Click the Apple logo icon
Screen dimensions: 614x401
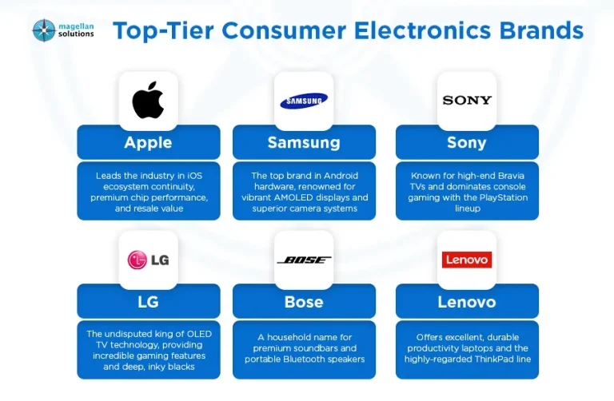point(148,100)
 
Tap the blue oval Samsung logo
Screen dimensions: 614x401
point(304,101)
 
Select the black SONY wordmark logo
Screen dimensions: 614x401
point(467,101)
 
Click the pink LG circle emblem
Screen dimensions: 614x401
point(137,260)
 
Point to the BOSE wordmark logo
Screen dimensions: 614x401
point(304,260)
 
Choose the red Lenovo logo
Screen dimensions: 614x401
point(467,260)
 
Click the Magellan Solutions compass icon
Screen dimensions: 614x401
point(44,30)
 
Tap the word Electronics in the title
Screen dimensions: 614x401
point(422,30)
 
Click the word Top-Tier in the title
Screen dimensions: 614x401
point(163,31)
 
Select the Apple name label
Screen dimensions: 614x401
point(148,143)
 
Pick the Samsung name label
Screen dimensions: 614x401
point(304,143)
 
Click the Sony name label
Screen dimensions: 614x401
point(467,143)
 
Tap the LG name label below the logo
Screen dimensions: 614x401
point(148,302)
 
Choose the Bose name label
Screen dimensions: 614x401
point(304,302)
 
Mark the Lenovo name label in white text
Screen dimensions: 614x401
point(467,302)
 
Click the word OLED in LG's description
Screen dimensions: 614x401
point(199,334)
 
